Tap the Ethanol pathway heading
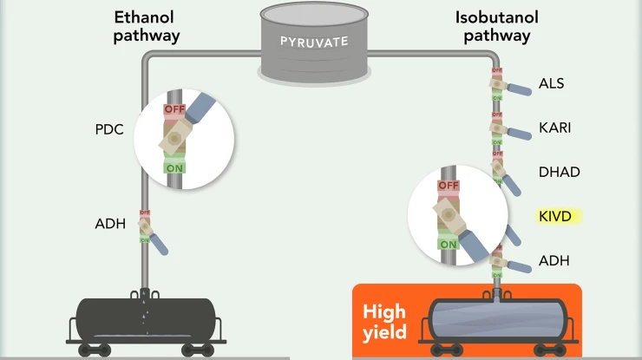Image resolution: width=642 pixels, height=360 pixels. click(x=147, y=26)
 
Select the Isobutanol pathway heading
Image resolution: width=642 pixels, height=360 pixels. click(x=495, y=26)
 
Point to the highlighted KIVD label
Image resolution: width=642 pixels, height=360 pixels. click(x=555, y=216)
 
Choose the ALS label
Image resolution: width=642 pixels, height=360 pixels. click(x=551, y=84)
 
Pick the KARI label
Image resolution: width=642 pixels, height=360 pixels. click(x=555, y=128)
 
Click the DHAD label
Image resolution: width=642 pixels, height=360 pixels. click(x=559, y=172)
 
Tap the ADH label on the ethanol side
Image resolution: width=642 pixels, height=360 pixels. click(x=111, y=225)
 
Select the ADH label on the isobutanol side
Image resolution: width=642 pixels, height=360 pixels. click(x=554, y=260)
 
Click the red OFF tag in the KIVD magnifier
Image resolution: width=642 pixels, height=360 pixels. click(x=448, y=186)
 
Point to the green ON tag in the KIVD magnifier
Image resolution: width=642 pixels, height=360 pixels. click(x=448, y=245)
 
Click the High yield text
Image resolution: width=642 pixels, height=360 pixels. click(x=384, y=321)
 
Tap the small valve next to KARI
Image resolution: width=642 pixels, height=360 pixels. click(x=498, y=128)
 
